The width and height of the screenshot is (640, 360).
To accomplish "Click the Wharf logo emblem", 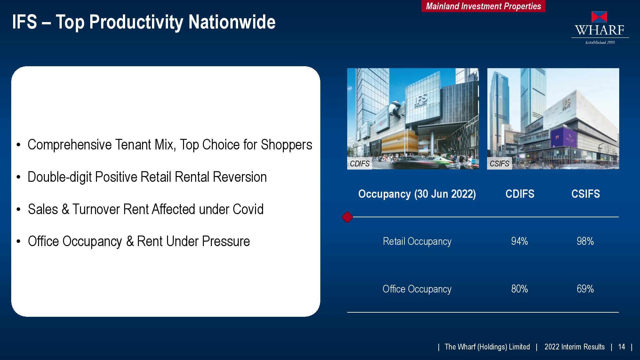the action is (599, 17).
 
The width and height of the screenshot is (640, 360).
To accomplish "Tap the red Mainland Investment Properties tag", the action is (483, 6).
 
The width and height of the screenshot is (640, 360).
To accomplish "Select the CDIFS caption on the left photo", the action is (360, 164).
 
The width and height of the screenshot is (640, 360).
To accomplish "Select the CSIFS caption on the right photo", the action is (499, 164).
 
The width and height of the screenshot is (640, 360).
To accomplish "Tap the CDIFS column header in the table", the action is (520, 194).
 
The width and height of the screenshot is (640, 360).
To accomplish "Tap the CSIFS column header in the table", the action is (586, 194).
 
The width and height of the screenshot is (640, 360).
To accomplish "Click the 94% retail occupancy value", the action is (519, 241).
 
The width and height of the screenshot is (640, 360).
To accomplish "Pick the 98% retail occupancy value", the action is (585, 241).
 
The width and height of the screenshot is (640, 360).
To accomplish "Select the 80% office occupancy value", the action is (519, 289).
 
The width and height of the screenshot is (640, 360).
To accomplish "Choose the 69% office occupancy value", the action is (585, 289).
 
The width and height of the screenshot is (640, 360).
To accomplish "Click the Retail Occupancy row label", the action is (417, 242).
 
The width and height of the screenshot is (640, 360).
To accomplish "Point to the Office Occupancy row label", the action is (417, 289).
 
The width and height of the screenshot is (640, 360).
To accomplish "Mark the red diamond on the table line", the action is (347, 217).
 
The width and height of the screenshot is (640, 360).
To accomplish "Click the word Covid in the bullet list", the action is (248, 209).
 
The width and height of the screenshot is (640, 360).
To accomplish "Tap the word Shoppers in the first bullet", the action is (286, 145).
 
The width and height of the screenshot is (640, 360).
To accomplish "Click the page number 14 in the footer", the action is (621, 347).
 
